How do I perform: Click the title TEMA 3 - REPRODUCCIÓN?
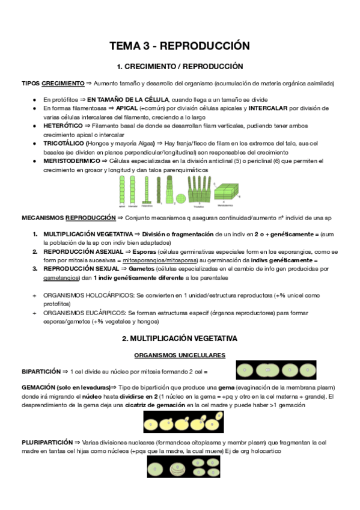click(x=179, y=46)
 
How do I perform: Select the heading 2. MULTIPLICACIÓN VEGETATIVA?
click(x=180, y=339)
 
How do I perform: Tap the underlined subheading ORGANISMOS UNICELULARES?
click(x=179, y=355)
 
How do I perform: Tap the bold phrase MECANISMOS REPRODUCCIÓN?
click(x=69, y=217)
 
